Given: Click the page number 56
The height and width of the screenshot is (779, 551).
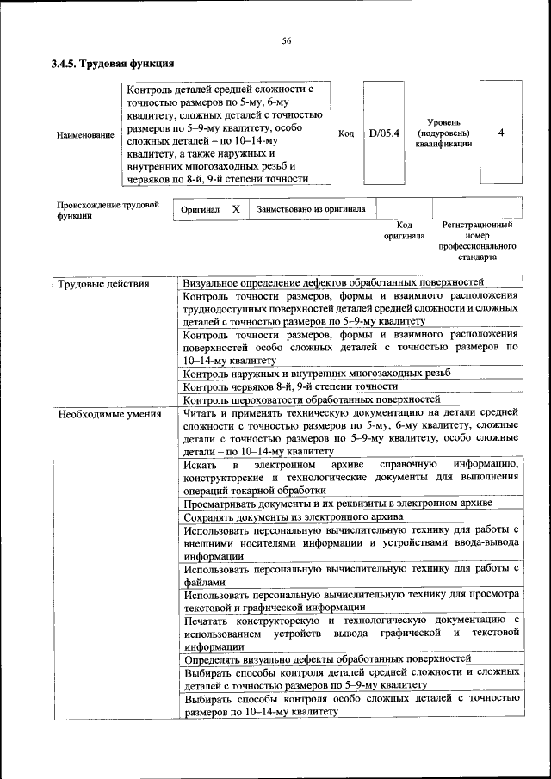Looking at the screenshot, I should click(287, 40).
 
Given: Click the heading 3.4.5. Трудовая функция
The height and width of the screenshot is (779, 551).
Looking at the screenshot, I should click(113, 64).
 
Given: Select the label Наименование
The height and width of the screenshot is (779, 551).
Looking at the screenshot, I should click(85, 135).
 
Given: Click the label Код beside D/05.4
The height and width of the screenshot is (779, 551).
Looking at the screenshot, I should click(345, 134).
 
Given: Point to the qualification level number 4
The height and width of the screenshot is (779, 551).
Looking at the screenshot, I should click(500, 133).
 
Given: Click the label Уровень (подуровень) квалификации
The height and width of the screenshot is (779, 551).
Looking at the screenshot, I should click(443, 133).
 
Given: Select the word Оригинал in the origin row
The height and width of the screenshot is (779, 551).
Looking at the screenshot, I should click(200, 209).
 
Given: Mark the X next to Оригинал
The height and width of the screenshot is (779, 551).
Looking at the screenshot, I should click(236, 209).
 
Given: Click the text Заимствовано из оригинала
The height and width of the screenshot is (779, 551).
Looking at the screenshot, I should click(311, 209).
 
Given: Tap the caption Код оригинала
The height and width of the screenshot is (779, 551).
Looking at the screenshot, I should click(404, 230).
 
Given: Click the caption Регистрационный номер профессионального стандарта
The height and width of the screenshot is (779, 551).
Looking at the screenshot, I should click(476, 240).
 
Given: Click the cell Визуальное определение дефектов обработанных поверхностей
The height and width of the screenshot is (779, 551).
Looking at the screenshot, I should click(334, 282).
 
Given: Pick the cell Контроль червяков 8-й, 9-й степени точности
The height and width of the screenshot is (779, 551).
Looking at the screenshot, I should click(285, 386).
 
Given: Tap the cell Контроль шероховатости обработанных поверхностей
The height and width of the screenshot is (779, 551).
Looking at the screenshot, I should click(313, 399).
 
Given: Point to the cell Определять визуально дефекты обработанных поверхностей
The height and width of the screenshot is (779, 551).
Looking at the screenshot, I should click(327, 658).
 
